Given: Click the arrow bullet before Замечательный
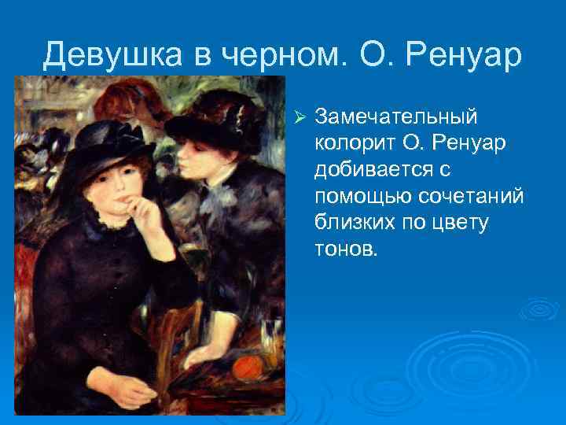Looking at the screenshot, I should pos(298,117).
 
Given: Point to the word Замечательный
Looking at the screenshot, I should pos(395,116).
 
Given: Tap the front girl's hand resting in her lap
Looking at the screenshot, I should pos(134,392).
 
